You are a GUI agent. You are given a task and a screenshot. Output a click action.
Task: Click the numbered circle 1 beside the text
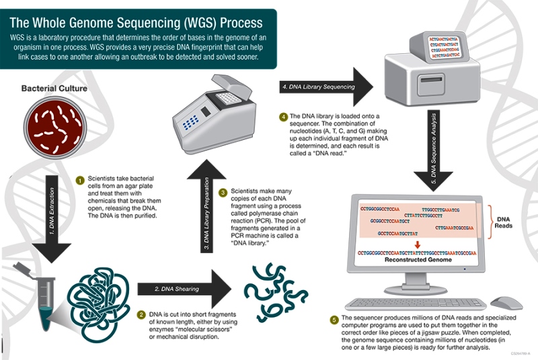[79, 180]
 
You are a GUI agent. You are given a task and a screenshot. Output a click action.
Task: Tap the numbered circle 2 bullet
[141, 314]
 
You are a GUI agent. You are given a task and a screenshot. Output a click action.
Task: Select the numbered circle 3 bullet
[224, 192]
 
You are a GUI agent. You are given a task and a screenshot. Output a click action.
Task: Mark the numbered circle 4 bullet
[284, 116]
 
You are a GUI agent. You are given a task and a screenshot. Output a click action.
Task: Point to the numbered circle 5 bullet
[334, 319]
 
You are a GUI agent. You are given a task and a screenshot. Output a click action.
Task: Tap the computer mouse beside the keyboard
[506, 303]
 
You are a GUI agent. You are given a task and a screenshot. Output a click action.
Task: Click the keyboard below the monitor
[418, 304]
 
